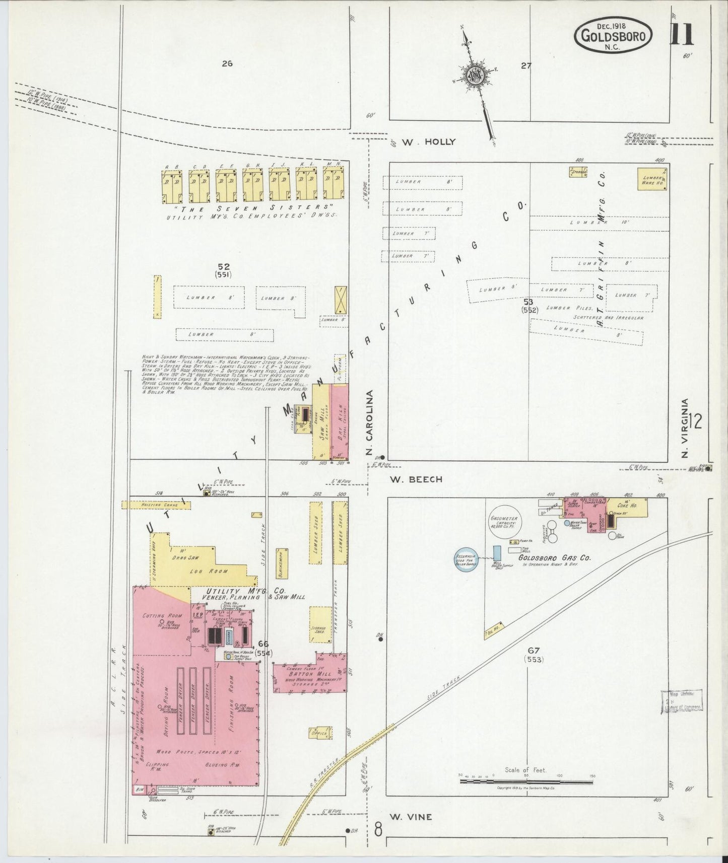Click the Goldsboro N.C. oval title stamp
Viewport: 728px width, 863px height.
[x=613, y=34]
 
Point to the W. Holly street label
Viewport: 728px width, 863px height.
[x=429, y=142]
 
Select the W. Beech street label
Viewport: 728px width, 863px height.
[x=416, y=479]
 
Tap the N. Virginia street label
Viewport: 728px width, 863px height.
[x=684, y=428]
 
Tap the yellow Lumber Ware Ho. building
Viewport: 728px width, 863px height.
[x=652, y=179]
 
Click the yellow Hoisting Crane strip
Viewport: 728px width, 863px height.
[x=156, y=505]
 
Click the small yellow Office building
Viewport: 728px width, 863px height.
[x=321, y=733]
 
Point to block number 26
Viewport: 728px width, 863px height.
[x=227, y=63]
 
